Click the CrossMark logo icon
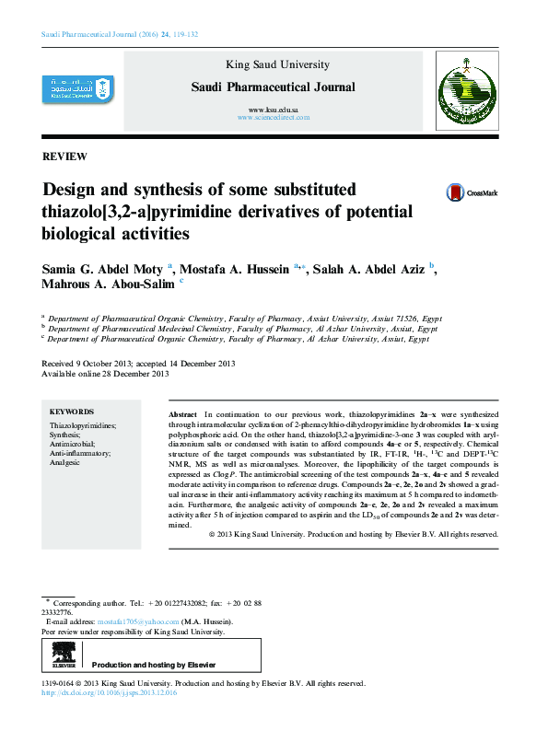[455, 192]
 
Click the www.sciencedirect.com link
[273, 119]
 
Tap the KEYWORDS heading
[72, 412]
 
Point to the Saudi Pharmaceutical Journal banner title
[273, 87]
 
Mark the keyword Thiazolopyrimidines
[83, 426]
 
